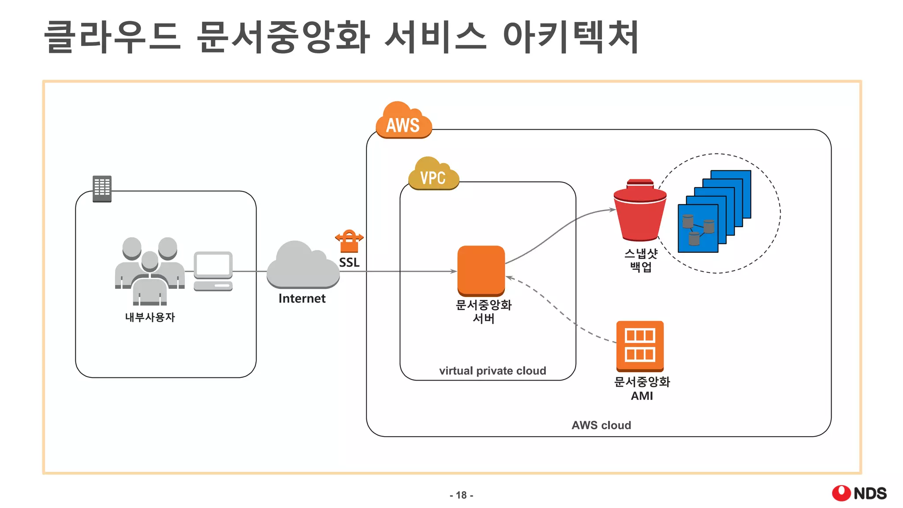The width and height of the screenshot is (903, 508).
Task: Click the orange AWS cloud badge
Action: tap(403, 121)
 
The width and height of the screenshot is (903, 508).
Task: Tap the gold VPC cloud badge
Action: tap(433, 175)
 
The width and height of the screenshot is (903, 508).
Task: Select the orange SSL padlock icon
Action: tap(349, 241)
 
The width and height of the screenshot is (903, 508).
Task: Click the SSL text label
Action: tap(349, 262)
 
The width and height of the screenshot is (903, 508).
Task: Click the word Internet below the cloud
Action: tap(302, 299)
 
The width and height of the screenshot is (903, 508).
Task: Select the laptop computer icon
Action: tap(213, 271)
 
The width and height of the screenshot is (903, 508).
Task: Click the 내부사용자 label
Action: tap(150, 317)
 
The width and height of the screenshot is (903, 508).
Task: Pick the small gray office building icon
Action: tap(102, 189)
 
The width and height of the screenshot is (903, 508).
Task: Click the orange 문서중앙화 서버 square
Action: tap(481, 270)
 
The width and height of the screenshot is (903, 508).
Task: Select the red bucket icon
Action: tap(640, 212)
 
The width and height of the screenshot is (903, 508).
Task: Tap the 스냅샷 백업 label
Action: tap(641, 260)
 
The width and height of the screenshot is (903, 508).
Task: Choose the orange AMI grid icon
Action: tap(640, 346)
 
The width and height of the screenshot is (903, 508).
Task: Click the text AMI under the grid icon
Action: tap(642, 396)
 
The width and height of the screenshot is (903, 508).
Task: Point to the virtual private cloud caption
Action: tap(493, 370)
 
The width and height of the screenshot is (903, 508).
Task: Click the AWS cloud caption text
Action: tap(601, 425)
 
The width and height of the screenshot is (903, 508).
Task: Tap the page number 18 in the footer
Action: tap(461, 495)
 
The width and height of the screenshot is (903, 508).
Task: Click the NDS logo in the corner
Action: tap(859, 493)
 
